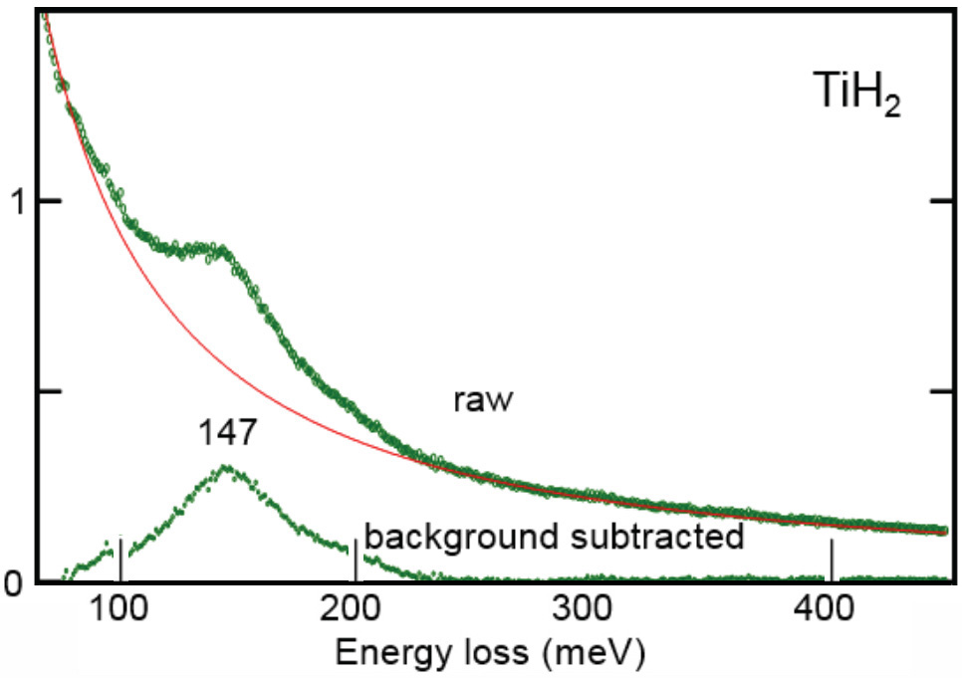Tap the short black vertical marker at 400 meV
(x=831, y=559)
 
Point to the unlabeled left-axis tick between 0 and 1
(x=50, y=390)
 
